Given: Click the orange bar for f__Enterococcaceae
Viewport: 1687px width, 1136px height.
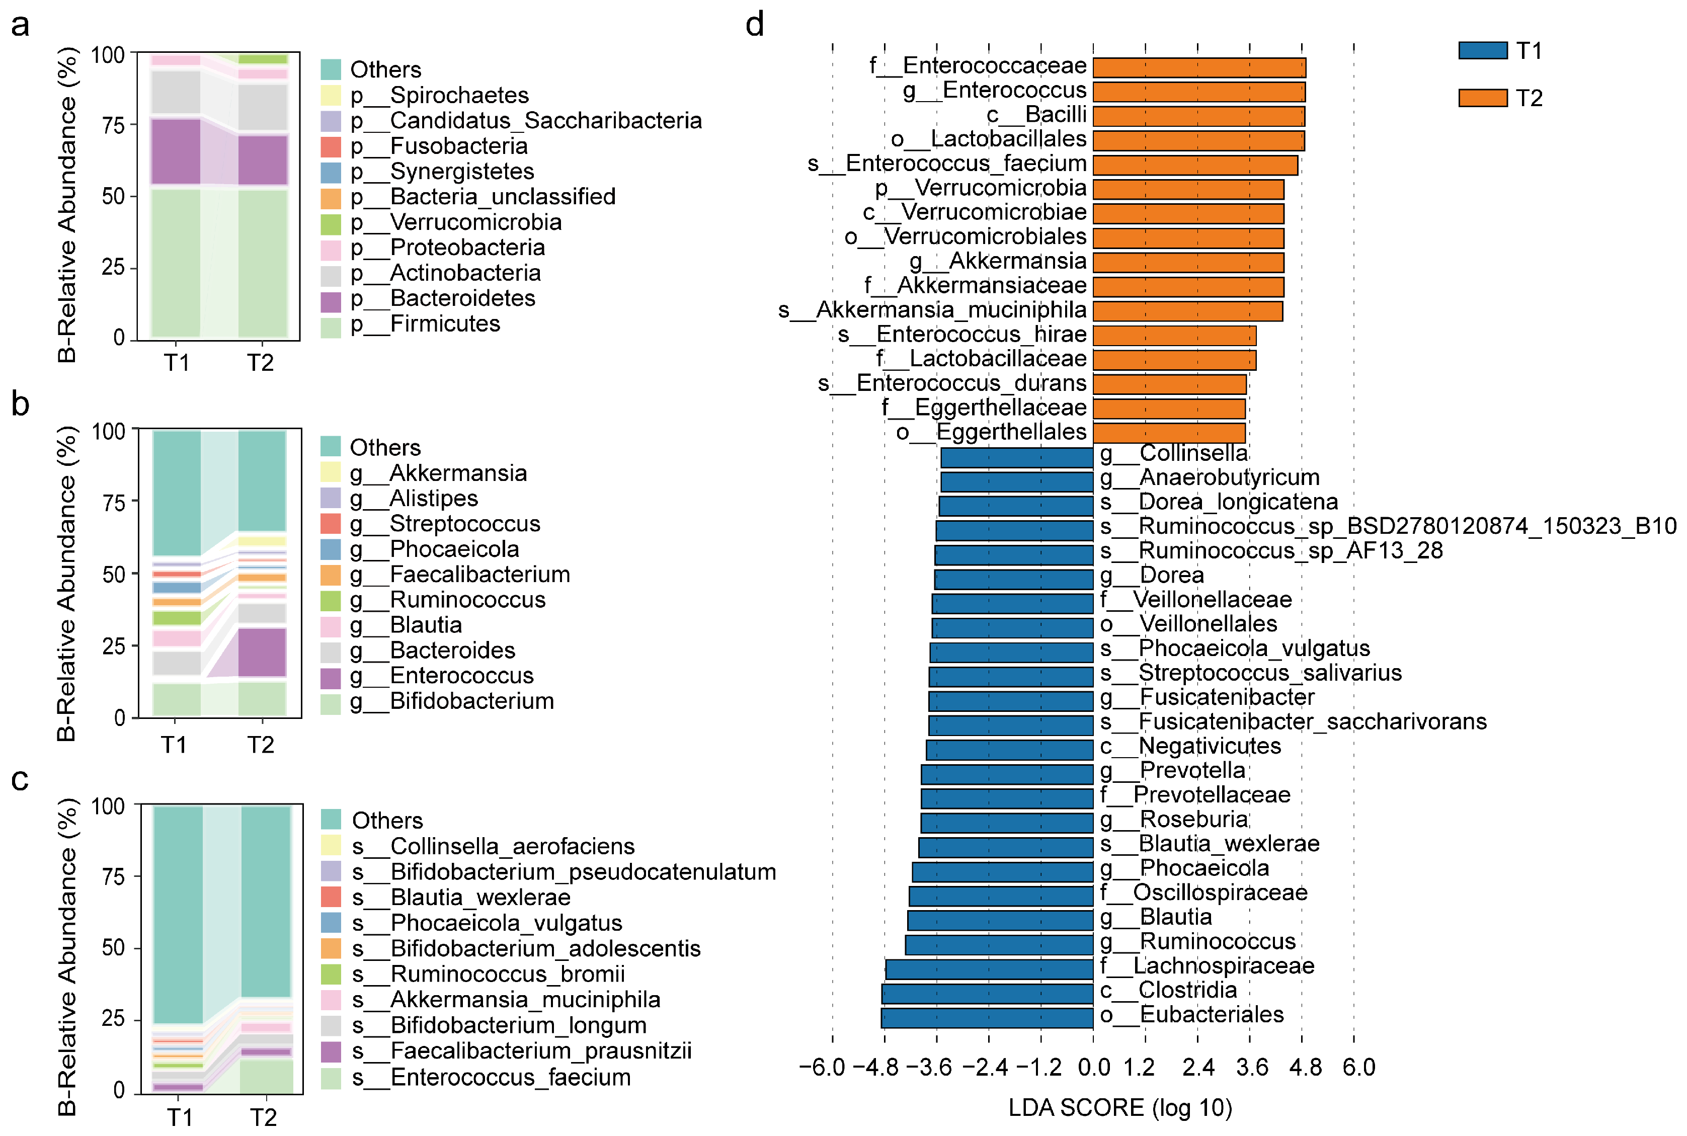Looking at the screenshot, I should click(1199, 67).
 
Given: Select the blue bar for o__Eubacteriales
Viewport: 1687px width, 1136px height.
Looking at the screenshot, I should click(987, 1017).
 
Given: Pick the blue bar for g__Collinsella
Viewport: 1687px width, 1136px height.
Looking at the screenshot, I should click(1016, 457).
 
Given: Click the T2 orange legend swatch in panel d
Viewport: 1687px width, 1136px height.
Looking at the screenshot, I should click(1482, 98).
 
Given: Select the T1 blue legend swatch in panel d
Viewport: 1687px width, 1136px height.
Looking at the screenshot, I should click(1482, 50).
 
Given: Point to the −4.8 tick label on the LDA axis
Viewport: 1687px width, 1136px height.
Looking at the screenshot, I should click(876, 1067).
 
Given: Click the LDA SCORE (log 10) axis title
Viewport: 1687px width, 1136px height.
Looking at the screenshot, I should click(1120, 1108).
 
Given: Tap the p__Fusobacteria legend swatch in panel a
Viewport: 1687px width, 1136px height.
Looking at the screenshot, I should click(330, 146).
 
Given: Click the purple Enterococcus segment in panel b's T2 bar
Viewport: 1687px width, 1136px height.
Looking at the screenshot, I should click(262, 652).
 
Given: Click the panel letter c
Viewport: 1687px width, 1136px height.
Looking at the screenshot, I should click(20, 780).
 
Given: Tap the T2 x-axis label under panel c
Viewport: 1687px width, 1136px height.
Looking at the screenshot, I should click(264, 1117).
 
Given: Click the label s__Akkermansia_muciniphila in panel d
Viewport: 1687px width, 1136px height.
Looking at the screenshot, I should click(931, 310).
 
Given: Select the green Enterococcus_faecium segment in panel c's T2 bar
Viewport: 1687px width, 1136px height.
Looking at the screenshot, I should click(267, 1075).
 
